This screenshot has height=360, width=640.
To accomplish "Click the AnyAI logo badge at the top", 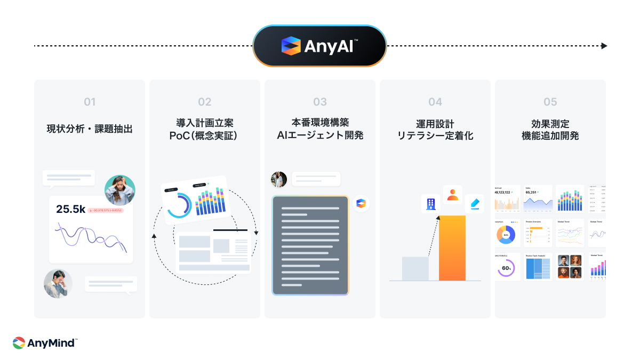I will pyautogui.click(x=319, y=46).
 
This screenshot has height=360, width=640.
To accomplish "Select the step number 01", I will pyautogui.click(x=90, y=102).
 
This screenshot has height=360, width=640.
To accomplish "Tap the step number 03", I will pyautogui.click(x=320, y=102).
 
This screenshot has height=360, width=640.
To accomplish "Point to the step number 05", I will pyautogui.click(x=550, y=102).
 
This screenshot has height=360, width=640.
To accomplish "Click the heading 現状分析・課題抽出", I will pyautogui.click(x=90, y=129).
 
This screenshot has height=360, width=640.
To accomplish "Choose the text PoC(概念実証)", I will pyautogui.click(x=205, y=136).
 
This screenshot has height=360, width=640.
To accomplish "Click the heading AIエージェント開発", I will pyautogui.click(x=320, y=136).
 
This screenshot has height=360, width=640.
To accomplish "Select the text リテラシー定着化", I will pyautogui.click(x=435, y=136).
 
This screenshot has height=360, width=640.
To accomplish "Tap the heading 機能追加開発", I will pyautogui.click(x=550, y=136).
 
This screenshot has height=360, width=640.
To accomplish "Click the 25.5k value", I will pyautogui.click(x=70, y=210).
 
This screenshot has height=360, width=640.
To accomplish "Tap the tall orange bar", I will pyautogui.click(x=452, y=248).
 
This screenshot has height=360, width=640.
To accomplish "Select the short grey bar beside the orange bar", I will pyautogui.click(x=415, y=268).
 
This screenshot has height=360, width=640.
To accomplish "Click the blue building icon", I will pyautogui.click(x=431, y=203).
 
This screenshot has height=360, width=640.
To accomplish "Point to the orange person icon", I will pyautogui.click(x=453, y=195).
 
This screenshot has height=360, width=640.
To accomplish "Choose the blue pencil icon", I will pyautogui.click(x=474, y=203).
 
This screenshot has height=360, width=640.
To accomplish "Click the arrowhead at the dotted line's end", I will pyautogui.click(x=604, y=46).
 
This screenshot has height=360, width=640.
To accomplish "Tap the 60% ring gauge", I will pyautogui.click(x=506, y=268).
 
